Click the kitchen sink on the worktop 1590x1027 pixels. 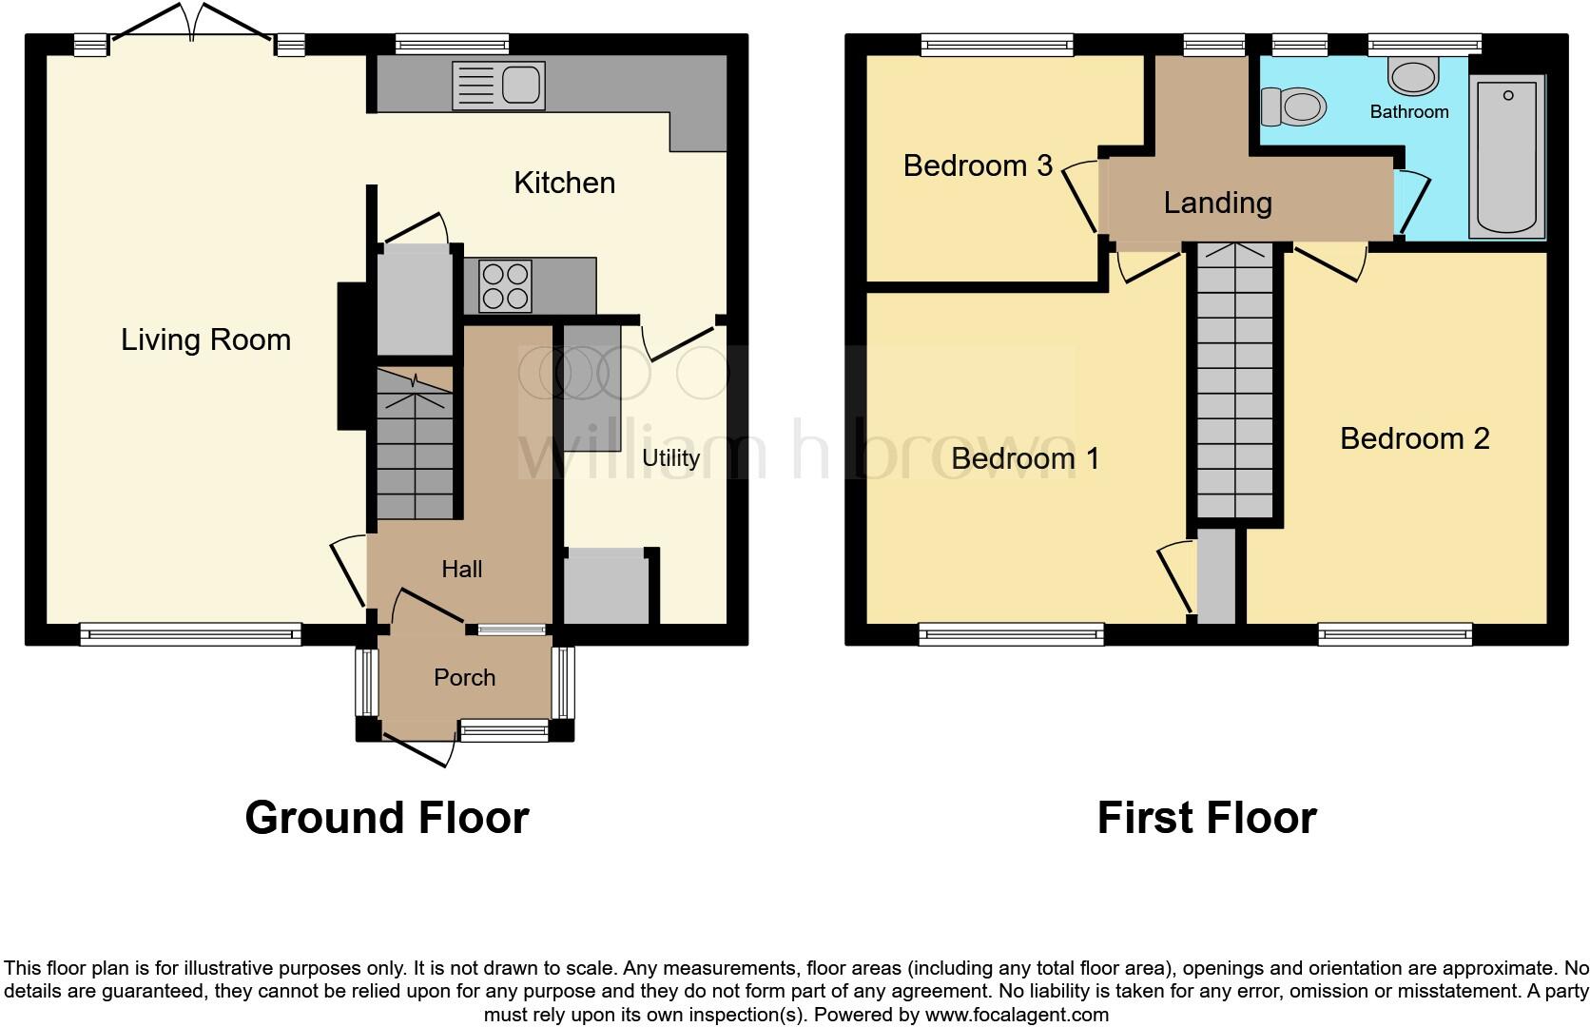(498, 86)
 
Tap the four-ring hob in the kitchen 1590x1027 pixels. (505, 286)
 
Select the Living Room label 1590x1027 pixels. (205, 339)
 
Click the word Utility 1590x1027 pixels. (670, 457)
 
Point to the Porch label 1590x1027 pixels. (464, 677)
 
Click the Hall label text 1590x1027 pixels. (462, 569)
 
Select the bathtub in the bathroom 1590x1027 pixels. (1507, 158)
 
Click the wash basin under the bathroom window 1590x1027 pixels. (1412, 75)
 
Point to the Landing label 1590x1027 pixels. (1217, 203)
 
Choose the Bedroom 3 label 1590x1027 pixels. (978, 165)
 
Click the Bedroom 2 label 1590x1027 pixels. (1414, 438)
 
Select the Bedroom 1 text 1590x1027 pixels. (1025, 458)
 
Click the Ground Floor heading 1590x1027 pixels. (386, 818)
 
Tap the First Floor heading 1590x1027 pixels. (1206, 818)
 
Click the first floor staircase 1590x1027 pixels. (1234, 380)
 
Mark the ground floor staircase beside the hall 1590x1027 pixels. (415, 444)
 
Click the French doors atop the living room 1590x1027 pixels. (193, 29)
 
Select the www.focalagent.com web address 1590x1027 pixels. (1016, 1015)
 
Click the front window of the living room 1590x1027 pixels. (190, 634)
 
